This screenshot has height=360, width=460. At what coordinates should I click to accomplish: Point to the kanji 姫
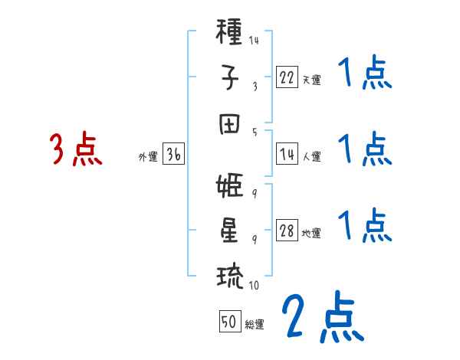[x=230, y=188]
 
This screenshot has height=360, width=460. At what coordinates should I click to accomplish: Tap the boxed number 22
[x=287, y=77]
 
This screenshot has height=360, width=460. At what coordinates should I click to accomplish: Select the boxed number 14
[x=287, y=154]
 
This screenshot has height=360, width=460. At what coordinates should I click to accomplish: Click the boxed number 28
[x=287, y=231]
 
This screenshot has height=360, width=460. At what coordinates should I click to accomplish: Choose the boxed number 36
[x=173, y=154]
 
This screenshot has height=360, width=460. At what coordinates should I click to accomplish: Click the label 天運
[x=310, y=79]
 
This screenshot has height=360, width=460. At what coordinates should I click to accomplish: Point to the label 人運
[x=311, y=156]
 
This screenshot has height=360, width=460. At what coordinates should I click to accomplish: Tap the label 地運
[x=311, y=233]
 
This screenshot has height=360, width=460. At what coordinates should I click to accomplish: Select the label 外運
[x=148, y=156]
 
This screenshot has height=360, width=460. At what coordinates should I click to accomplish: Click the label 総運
[x=255, y=323]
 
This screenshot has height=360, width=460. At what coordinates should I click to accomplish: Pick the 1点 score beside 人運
[x=365, y=149]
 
